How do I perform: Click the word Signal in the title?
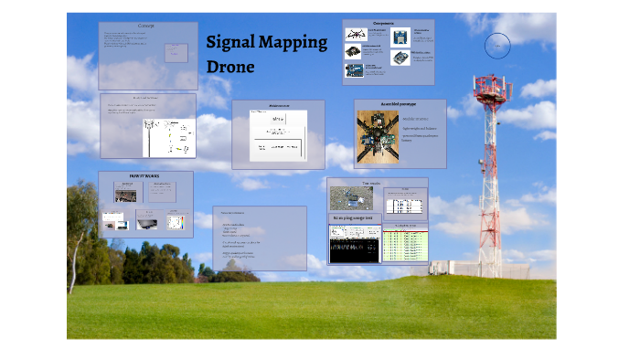232,43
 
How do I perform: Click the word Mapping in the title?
294,43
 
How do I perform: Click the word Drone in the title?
230,68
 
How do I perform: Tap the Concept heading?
146,26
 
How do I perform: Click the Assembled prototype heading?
400,105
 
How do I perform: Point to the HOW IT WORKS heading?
144,175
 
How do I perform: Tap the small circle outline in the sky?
497,45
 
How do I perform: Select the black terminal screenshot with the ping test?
354,245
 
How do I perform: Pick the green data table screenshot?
403,243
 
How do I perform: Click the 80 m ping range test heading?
351,218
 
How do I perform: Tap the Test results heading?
370,184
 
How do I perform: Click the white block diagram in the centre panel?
277,137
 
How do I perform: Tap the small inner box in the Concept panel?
176,52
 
